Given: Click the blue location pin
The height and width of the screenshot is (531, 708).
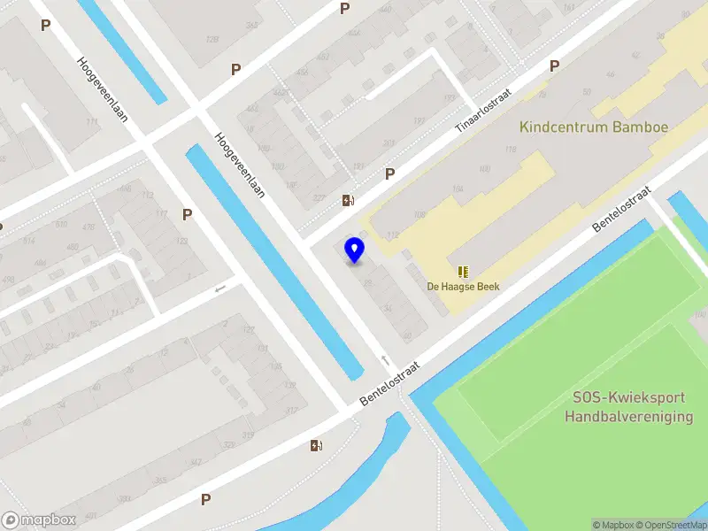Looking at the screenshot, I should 354,250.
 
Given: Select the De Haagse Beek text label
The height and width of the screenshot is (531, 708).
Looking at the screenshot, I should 464,286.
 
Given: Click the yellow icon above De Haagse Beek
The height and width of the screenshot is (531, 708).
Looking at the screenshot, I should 462,271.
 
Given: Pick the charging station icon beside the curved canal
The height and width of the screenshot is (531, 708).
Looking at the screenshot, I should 316,445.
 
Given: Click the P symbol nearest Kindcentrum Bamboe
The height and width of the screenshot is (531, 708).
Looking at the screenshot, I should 554,65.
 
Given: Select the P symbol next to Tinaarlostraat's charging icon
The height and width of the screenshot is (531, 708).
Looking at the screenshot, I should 389,174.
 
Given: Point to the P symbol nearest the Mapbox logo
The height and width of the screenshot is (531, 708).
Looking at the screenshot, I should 205,499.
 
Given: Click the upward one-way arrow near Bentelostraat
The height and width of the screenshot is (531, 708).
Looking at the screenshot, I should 384,359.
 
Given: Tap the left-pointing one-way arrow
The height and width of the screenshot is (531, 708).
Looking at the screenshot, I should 220,288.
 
